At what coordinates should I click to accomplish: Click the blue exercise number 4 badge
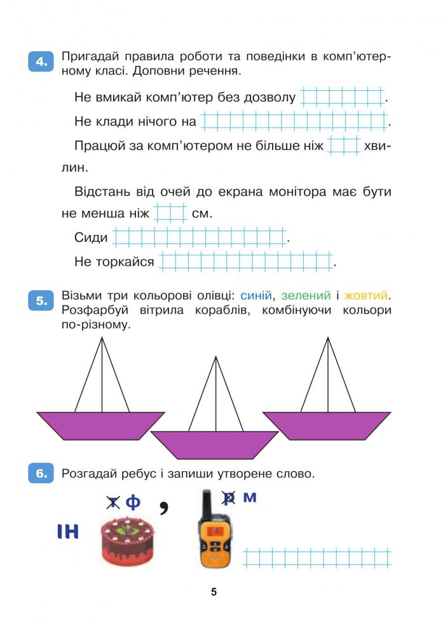click(41, 62)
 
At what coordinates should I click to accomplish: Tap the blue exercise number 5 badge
click(41, 300)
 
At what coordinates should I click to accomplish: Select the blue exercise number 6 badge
click(41, 473)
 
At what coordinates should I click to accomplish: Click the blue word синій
click(256, 296)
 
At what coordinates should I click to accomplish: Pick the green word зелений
click(306, 296)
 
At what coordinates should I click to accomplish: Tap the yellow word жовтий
click(365, 296)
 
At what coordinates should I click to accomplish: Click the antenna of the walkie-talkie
click(207, 502)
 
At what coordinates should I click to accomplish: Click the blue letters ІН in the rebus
click(67, 531)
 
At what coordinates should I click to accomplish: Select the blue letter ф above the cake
click(133, 502)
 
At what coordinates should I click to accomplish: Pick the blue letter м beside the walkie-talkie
click(250, 497)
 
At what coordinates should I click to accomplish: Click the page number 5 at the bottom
click(214, 592)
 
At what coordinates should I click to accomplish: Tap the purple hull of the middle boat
click(214, 445)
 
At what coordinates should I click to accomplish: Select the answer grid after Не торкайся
click(247, 261)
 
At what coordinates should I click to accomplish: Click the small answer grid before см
click(170, 213)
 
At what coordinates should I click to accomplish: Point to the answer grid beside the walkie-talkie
click(317, 558)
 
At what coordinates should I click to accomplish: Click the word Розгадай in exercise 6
click(86, 474)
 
